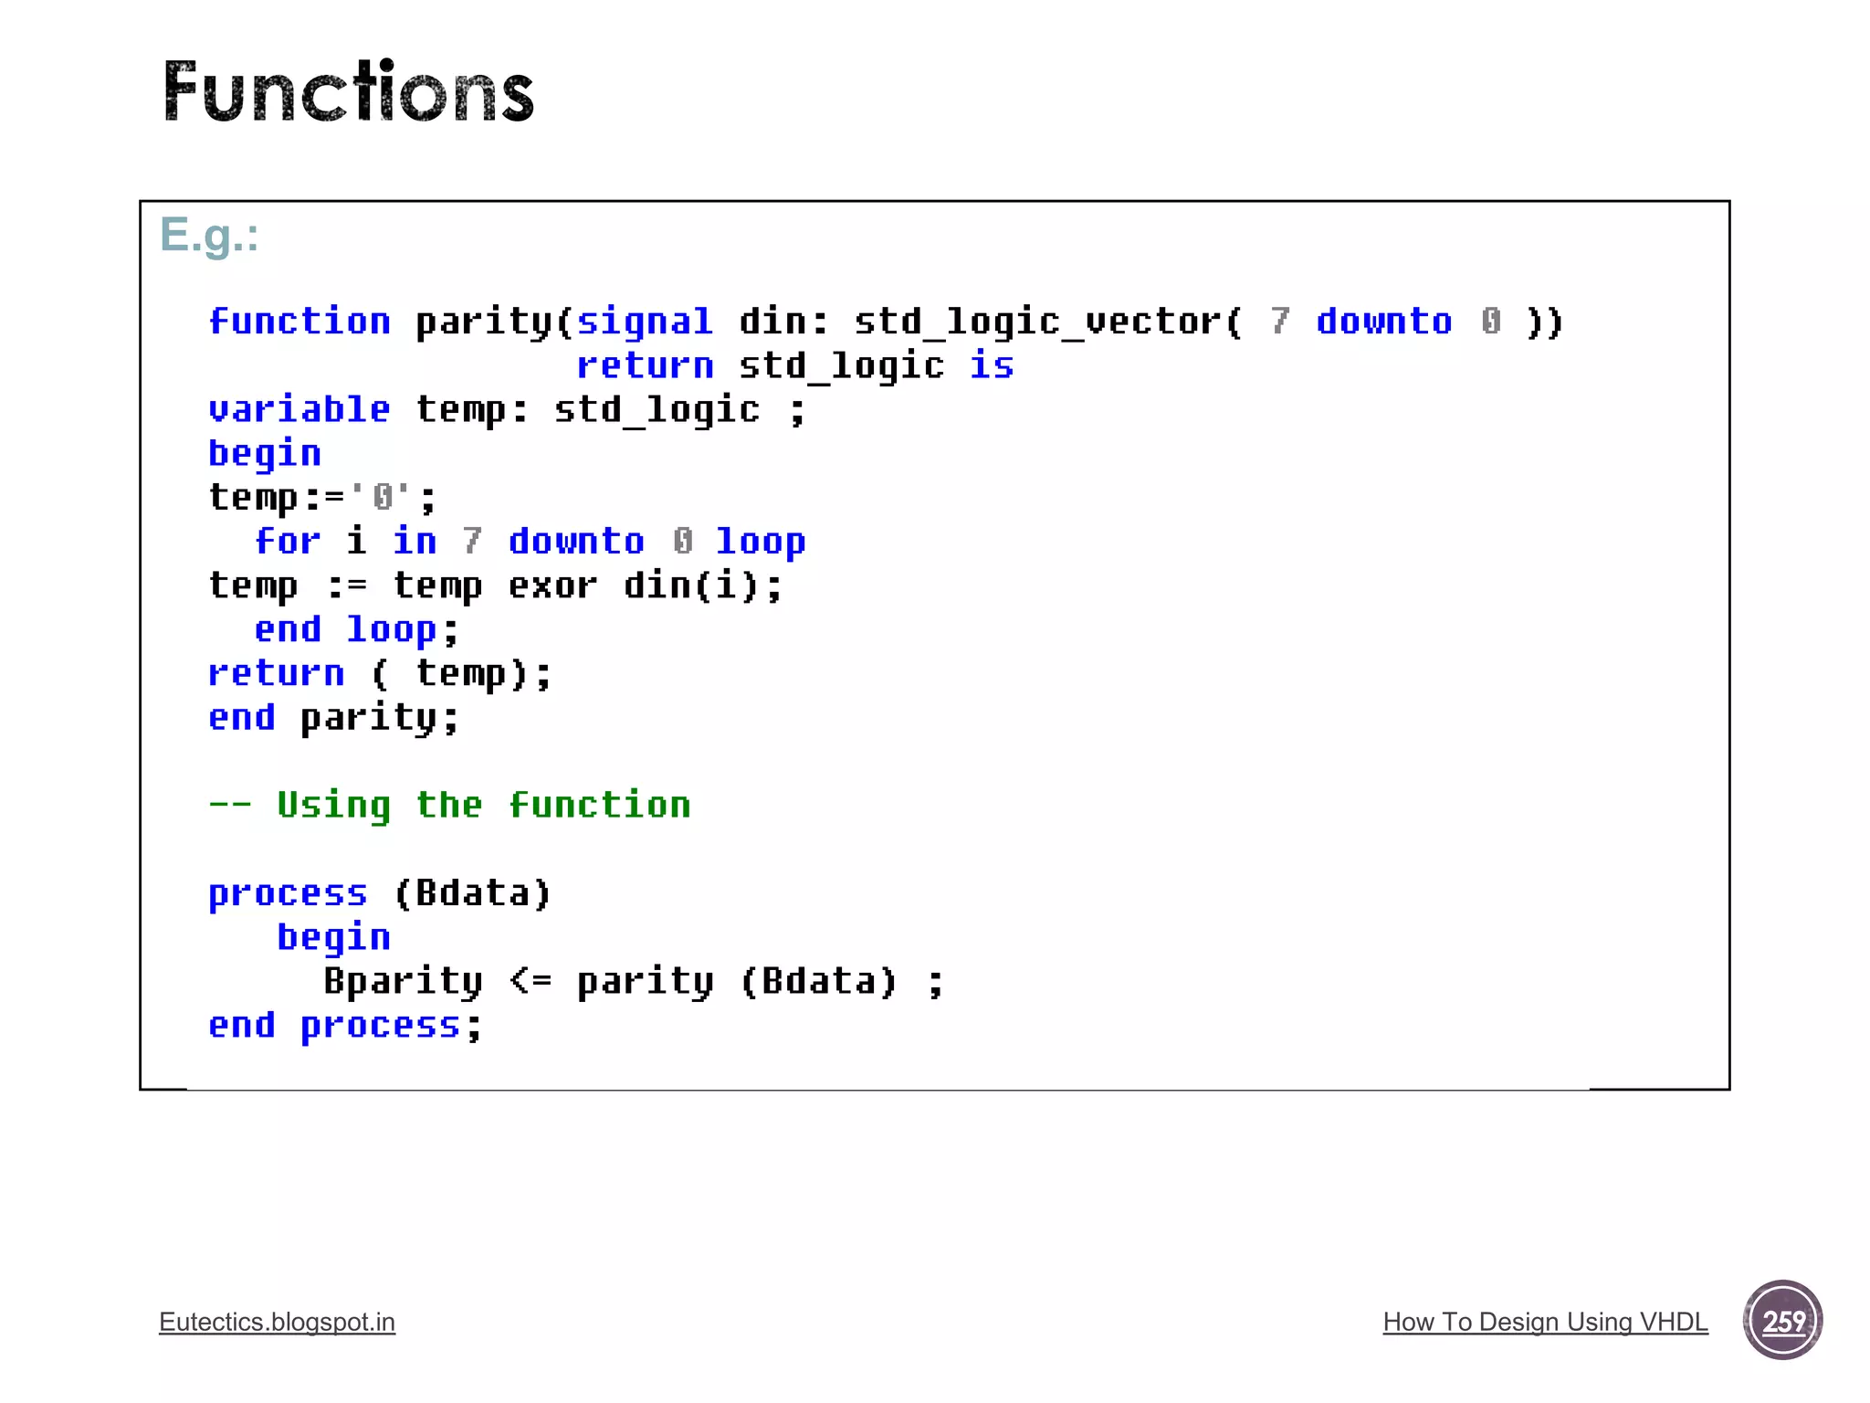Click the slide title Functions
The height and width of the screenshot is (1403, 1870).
click(x=348, y=91)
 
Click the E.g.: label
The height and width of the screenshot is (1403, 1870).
click(x=209, y=236)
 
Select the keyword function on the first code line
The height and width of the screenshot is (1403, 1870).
click(x=299, y=322)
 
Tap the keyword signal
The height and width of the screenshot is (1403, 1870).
click(x=644, y=322)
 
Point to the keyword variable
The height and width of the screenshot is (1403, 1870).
click(x=299, y=409)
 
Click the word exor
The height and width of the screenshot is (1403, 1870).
click(x=552, y=585)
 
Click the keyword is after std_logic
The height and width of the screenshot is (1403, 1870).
click(x=992, y=365)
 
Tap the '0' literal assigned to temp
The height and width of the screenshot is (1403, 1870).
click(x=381, y=498)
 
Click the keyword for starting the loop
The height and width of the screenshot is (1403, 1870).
click(x=288, y=542)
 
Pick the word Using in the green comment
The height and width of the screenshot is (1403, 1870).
click(x=333, y=806)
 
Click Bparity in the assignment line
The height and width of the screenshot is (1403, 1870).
click(x=403, y=982)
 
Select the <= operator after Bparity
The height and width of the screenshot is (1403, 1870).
click(x=531, y=982)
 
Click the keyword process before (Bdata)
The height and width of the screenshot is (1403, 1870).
click(x=288, y=893)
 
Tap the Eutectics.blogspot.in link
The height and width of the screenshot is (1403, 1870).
click(x=277, y=1322)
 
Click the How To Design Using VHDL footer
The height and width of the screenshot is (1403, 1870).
click(x=1545, y=1322)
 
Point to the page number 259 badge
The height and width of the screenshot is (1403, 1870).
click(x=1782, y=1320)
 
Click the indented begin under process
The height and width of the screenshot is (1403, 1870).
click(x=333, y=938)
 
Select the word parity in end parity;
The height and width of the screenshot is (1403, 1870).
click(x=368, y=718)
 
